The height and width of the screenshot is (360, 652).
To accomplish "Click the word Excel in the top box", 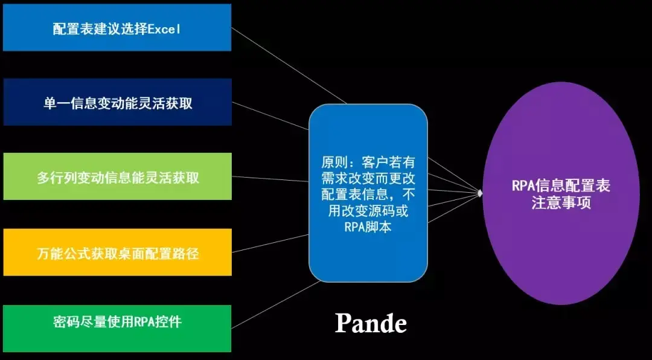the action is pos(164,28).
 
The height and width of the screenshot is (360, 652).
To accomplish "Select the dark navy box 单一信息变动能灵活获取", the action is pos(117,103).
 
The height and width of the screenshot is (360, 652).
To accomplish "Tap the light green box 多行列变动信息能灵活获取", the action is pos(117,177).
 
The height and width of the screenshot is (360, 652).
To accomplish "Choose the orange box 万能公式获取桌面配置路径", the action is pos(117,252).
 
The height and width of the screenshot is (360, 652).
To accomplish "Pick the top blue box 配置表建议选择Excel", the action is pos(117,28).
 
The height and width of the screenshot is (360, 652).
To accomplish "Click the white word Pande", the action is pos(371,324).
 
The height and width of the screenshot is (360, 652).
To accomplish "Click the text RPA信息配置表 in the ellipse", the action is pos(561,185).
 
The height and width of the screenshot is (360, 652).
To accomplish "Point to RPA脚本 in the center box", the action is pos(368,228).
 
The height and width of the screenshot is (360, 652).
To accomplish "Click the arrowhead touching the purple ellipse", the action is pos(481,193).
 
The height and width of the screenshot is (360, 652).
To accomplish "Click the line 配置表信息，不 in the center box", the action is pos(368,195).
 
